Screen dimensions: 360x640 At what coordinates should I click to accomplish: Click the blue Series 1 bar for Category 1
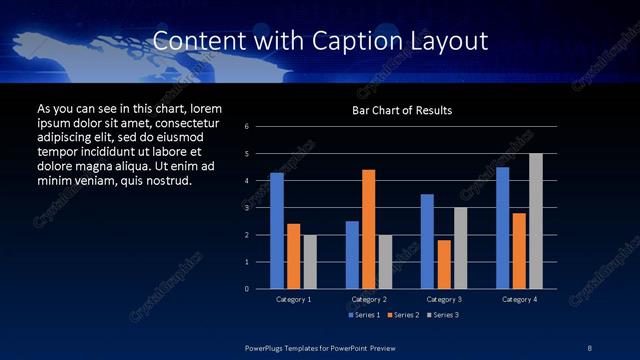277,231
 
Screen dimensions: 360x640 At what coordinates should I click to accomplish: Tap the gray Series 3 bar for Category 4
536,221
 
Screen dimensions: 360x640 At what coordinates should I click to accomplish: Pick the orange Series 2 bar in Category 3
444,264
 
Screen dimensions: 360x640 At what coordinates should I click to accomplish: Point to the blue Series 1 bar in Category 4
502,228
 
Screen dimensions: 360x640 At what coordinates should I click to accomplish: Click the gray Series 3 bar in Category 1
310,262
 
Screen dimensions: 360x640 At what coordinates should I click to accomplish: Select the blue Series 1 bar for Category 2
352,255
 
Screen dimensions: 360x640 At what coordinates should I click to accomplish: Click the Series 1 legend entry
363,315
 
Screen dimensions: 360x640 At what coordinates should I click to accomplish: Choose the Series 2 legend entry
401,315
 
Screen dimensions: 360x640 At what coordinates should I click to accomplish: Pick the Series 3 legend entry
440,315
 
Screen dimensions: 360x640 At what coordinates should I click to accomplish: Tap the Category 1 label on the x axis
294,299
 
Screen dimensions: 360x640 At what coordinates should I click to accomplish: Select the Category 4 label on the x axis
519,299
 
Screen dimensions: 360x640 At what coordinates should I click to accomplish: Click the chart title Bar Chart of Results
402,110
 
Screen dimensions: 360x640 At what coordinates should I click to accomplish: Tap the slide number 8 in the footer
589,346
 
